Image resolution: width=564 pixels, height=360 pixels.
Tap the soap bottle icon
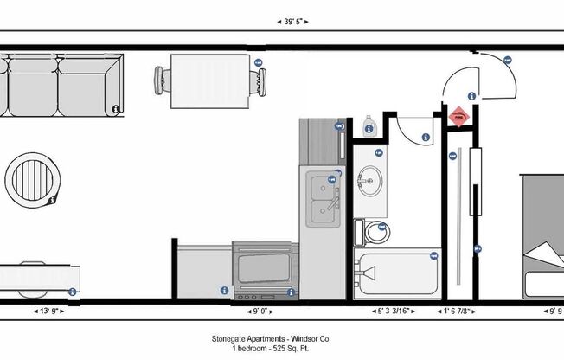369,125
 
